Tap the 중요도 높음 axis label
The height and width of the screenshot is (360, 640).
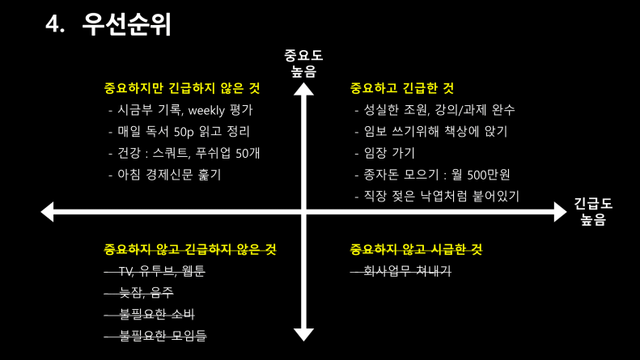pyautogui.click(x=303, y=62)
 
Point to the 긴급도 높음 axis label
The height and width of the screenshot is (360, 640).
pyautogui.click(x=593, y=211)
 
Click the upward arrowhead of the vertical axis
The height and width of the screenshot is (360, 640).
pyautogui.click(x=303, y=87)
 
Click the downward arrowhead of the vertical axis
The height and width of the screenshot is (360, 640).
pyautogui.click(x=303, y=334)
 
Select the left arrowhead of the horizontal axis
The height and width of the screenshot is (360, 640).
pyautogui.click(x=47, y=212)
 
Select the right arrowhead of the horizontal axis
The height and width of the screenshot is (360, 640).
pyautogui.click(x=560, y=212)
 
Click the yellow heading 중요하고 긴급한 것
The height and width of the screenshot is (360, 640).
pyautogui.click(x=401, y=87)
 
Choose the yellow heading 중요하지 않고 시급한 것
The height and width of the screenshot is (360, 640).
pyautogui.click(x=416, y=249)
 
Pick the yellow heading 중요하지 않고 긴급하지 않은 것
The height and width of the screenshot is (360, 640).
pyautogui.click(x=190, y=249)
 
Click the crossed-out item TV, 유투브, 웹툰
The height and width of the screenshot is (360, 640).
pyautogui.click(x=161, y=271)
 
